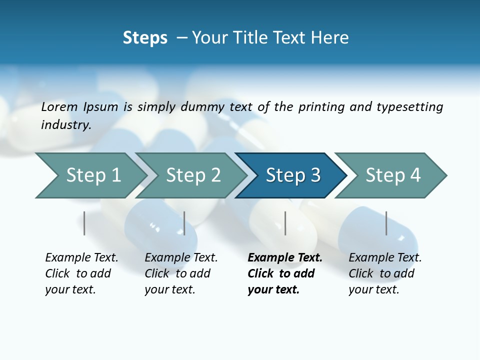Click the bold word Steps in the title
[x=145, y=38]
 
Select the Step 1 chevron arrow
[x=90, y=175]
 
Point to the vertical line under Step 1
[x=84, y=223]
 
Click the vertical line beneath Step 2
[x=184, y=223]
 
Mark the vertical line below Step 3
[x=285, y=223]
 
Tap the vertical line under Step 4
[x=386, y=223]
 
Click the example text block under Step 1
[x=81, y=273]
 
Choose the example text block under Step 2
[x=181, y=273]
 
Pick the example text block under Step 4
[x=385, y=273]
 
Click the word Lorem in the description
[x=59, y=107]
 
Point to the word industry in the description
[x=65, y=125]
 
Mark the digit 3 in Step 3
[x=315, y=175]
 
